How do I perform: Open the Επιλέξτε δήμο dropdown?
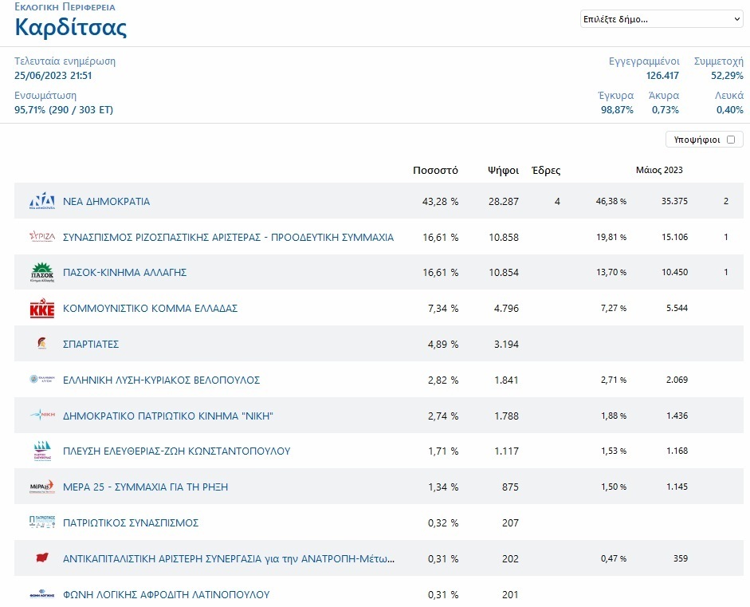pos(662,19)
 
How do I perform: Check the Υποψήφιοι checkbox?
pos(730,140)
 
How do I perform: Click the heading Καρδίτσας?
pos(71,27)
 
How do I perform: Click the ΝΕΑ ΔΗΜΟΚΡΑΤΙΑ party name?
pos(106,202)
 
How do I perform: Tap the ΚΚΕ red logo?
pos(42,309)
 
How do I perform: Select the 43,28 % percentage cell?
pos(440,202)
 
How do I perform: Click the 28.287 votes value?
pos(503,202)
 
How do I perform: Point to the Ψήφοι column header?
pos(503,171)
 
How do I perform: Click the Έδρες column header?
pos(546,171)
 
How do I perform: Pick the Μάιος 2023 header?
pos(659,170)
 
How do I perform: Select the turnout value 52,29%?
pos(727,76)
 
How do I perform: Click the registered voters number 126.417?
pos(662,76)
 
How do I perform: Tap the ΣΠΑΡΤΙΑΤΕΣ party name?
pos(91,345)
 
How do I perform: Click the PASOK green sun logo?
pos(42,272)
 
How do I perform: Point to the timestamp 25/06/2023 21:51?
pos(53,76)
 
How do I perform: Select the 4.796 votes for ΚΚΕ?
pos(506,309)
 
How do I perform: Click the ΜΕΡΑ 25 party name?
pos(145,487)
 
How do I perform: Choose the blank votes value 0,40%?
pos(730,110)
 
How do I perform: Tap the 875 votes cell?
pos(510,487)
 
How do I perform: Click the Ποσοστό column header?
pos(435,171)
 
